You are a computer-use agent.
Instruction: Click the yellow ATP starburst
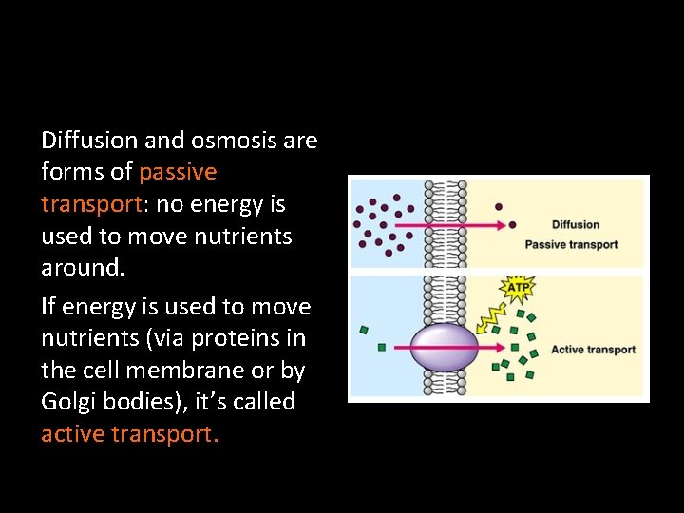(516, 287)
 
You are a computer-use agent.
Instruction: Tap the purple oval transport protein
(443, 348)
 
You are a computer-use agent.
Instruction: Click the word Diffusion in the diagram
(576, 225)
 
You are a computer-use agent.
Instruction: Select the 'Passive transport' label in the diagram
(571, 245)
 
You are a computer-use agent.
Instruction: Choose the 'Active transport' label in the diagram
(593, 350)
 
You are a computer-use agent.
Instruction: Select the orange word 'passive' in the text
(178, 172)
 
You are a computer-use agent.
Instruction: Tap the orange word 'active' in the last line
(73, 434)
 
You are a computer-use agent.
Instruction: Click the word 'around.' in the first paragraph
(83, 267)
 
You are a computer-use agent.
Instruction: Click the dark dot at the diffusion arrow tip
(512, 225)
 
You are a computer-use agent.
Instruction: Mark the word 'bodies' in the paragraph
(146, 402)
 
